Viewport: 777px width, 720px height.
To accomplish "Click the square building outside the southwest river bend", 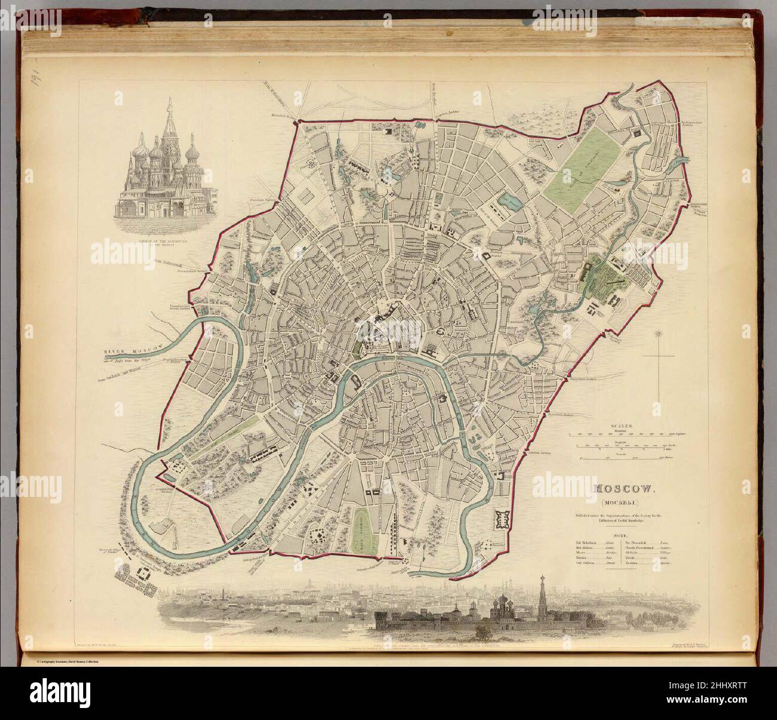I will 143,572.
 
